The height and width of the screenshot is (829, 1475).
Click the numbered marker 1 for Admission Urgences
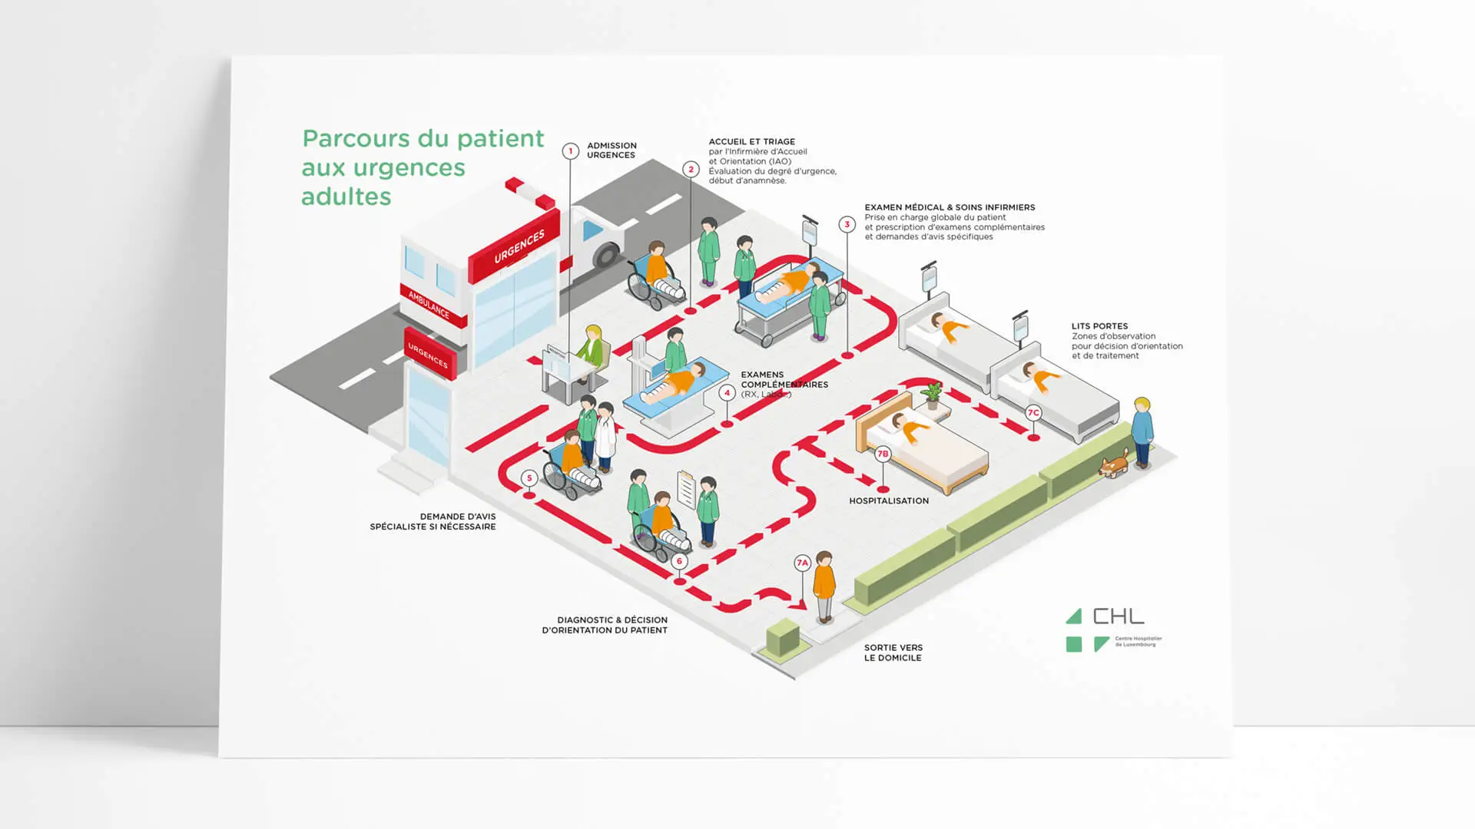(570, 151)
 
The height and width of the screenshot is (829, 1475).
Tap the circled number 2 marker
(691, 170)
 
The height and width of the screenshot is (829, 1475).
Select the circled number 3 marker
(847, 225)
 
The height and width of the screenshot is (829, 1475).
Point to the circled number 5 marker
(529, 478)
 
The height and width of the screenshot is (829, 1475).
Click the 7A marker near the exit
(802, 563)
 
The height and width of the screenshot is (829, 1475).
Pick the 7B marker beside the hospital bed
(883, 454)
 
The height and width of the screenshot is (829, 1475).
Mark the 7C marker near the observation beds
(1033, 413)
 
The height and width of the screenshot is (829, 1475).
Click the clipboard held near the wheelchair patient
(686, 489)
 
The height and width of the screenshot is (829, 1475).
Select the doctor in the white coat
(606, 437)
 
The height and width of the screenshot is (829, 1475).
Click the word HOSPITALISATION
(889, 501)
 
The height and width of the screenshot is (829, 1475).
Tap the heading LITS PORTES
(1099, 326)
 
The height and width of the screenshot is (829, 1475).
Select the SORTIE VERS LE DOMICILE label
(893, 652)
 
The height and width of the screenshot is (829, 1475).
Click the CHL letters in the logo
(1119, 616)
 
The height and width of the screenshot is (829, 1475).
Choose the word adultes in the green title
(346, 197)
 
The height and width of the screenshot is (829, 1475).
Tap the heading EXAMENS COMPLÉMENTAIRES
(784, 379)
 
